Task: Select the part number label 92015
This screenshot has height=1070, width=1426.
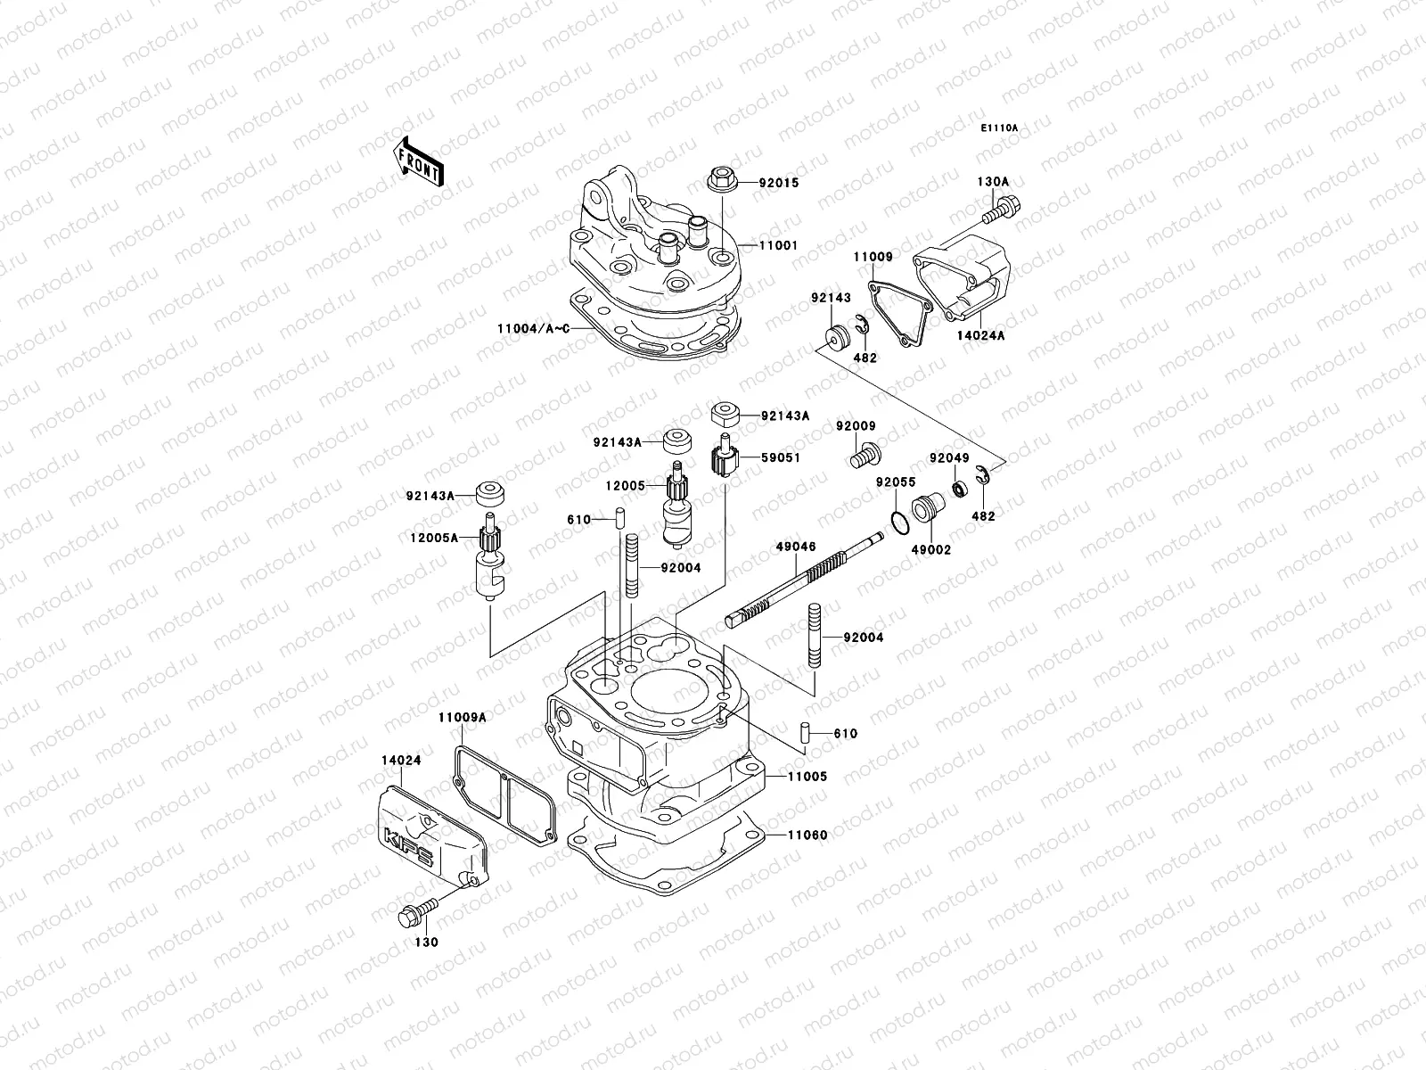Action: (x=779, y=183)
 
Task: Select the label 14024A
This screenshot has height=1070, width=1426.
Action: (x=981, y=336)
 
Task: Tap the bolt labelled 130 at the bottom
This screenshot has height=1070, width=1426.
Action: (x=415, y=913)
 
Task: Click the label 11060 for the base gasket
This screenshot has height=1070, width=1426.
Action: (x=807, y=835)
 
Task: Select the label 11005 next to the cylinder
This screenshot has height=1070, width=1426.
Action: (x=807, y=777)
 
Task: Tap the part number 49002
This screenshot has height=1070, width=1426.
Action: (x=930, y=550)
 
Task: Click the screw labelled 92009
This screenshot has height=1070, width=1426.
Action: (x=860, y=457)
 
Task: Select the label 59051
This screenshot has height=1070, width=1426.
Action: (x=780, y=457)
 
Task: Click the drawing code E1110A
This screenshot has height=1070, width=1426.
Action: (x=999, y=128)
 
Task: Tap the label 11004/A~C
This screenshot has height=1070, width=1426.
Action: (x=531, y=328)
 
